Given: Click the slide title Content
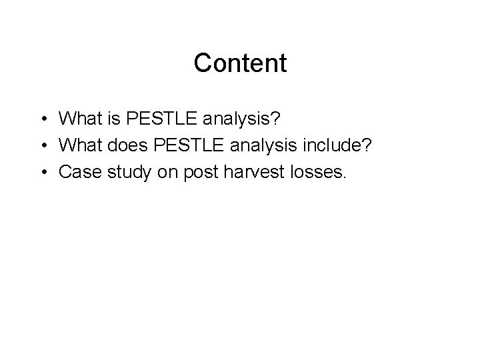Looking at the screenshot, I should [x=240, y=63].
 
